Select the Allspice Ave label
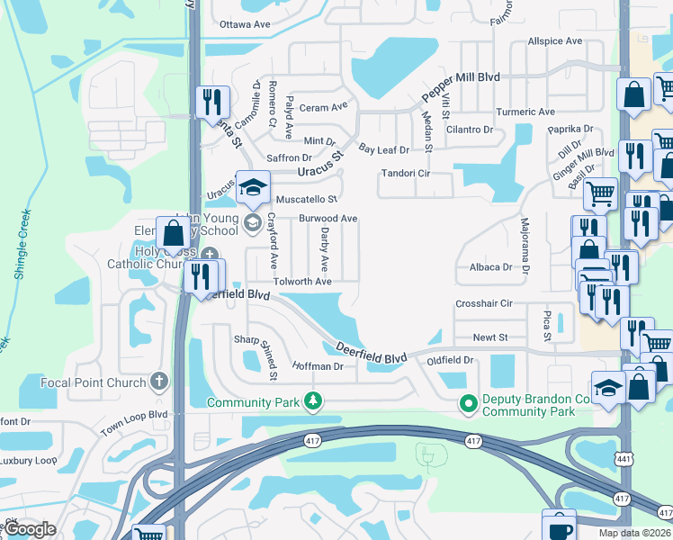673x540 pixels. pyautogui.click(x=555, y=41)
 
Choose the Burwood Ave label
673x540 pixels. pyautogui.click(x=328, y=219)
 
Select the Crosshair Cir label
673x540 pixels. pyautogui.click(x=483, y=304)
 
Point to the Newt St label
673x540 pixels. pyautogui.click(x=491, y=337)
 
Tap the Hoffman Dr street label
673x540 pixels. pyautogui.click(x=318, y=366)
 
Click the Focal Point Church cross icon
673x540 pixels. pyautogui.click(x=160, y=382)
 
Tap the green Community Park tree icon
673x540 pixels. pyautogui.click(x=312, y=400)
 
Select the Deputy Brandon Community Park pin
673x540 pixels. pyautogui.click(x=467, y=404)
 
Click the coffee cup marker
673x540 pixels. pyautogui.click(x=559, y=526)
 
